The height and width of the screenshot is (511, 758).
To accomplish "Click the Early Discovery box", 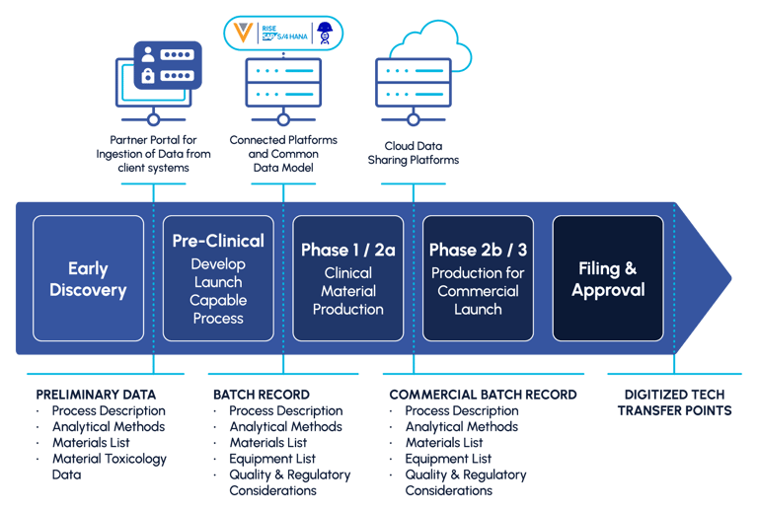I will (x=89, y=278).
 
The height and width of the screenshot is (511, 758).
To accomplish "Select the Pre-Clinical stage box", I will (x=218, y=278).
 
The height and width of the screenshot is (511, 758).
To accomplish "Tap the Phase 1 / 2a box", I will (x=347, y=278).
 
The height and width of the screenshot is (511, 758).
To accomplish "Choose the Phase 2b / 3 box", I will (x=478, y=278).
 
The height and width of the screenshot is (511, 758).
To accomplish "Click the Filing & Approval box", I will (x=608, y=278).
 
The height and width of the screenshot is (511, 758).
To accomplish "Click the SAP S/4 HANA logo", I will (x=284, y=33).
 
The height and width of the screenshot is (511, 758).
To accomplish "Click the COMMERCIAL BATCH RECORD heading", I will (x=483, y=394).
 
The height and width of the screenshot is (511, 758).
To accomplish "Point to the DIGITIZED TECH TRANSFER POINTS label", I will (x=675, y=401).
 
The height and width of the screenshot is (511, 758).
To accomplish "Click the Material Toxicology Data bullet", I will (x=109, y=466).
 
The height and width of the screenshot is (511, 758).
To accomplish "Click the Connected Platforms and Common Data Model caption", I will (x=284, y=154).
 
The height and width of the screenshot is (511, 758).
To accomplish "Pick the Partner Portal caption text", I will (x=153, y=154).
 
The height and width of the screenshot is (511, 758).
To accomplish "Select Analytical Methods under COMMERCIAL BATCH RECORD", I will (x=461, y=427).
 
